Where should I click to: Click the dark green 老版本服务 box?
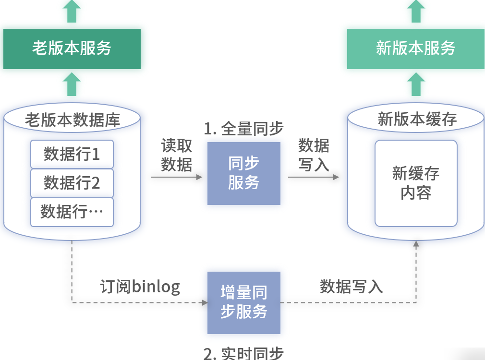(72, 48)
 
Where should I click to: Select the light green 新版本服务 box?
(415, 48)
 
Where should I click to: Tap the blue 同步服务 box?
(244, 173)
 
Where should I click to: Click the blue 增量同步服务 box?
(244, 302)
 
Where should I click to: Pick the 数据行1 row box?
(72, 154)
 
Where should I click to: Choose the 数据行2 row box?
(72, 183)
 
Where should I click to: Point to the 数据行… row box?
(72, 212)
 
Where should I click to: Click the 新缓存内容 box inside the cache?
(416, 183)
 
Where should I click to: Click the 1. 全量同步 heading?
(244, 129)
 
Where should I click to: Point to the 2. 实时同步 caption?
(244, 354)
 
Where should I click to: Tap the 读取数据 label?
(176, 155)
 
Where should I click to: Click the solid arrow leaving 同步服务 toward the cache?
(313, 177)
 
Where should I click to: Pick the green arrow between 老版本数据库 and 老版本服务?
(72, 84)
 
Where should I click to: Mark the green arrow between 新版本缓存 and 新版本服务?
(416, 84)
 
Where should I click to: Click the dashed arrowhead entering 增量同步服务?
(205, 303)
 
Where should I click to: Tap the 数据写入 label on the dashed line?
(352, 287)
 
